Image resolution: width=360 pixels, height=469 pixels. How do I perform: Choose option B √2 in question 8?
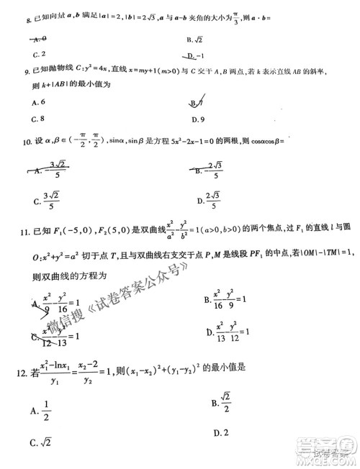click(x=196, y=40)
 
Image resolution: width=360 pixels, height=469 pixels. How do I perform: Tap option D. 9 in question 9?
click(x=199, y=119)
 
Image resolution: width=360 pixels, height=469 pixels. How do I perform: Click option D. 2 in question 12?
click(x=220, y=432)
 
